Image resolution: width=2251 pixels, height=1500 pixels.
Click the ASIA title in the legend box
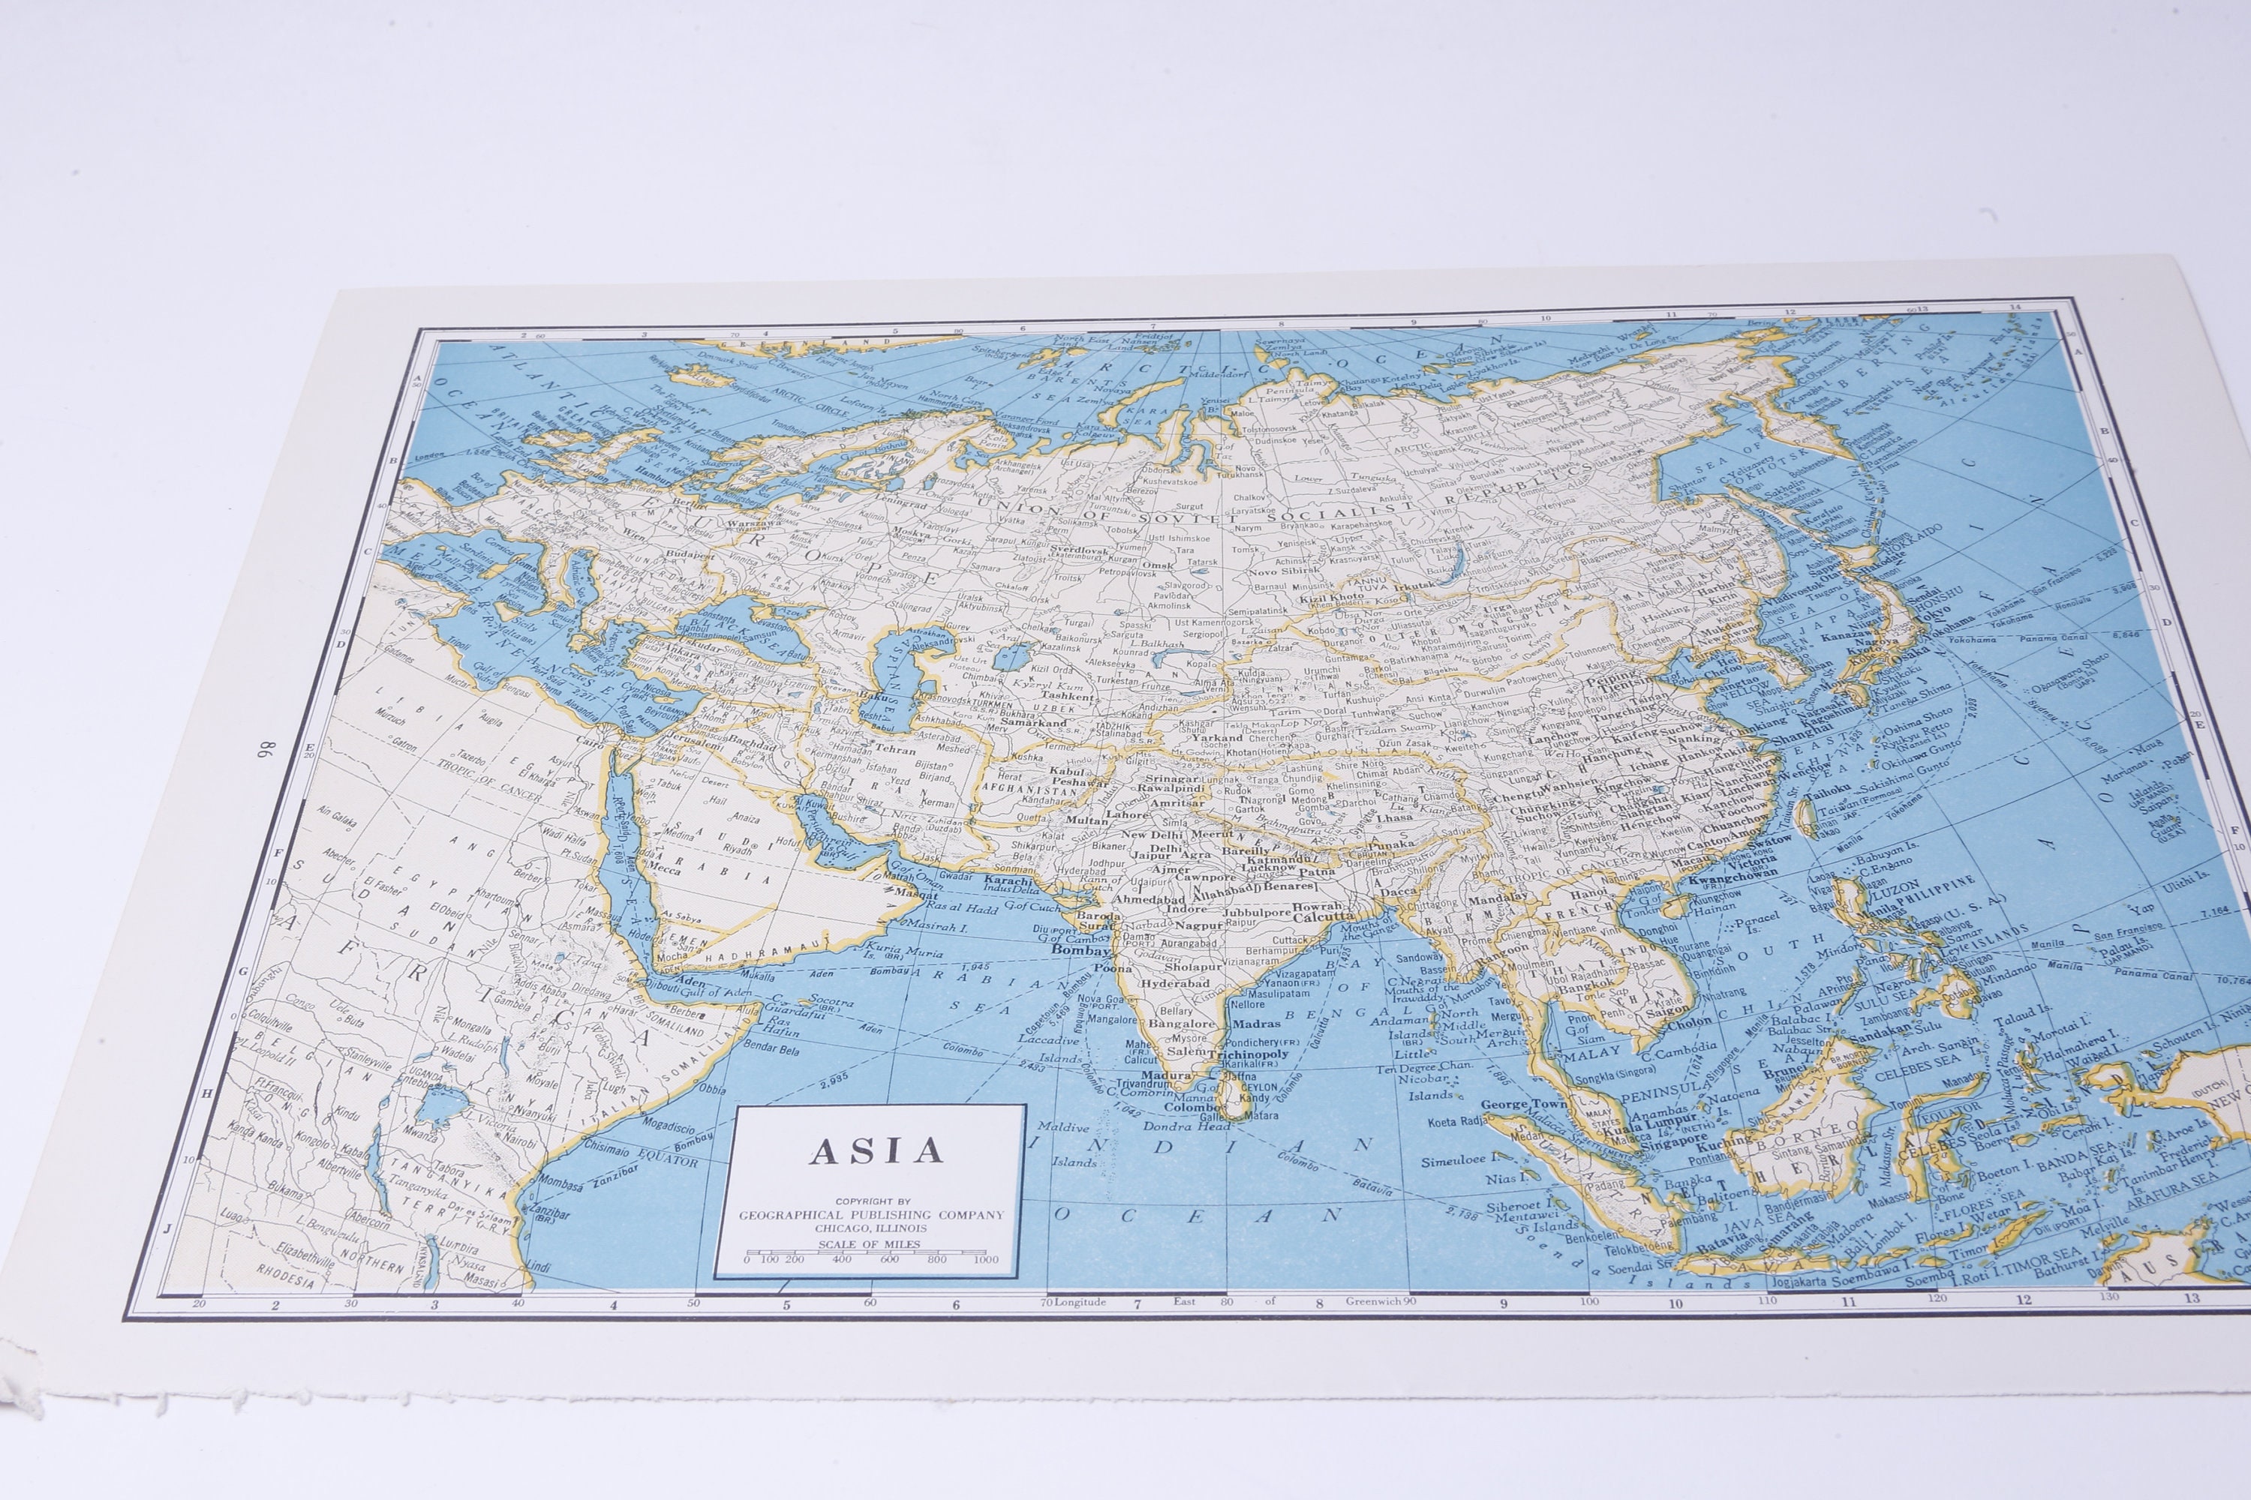[876, 1150]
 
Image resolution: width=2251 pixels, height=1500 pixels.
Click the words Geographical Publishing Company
[871, 1215]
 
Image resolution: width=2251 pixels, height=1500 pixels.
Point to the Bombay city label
[1080, 951]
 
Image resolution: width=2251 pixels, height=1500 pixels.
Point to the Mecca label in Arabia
[664, 868]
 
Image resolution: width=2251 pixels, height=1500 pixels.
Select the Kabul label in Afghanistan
[1067, 771]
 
